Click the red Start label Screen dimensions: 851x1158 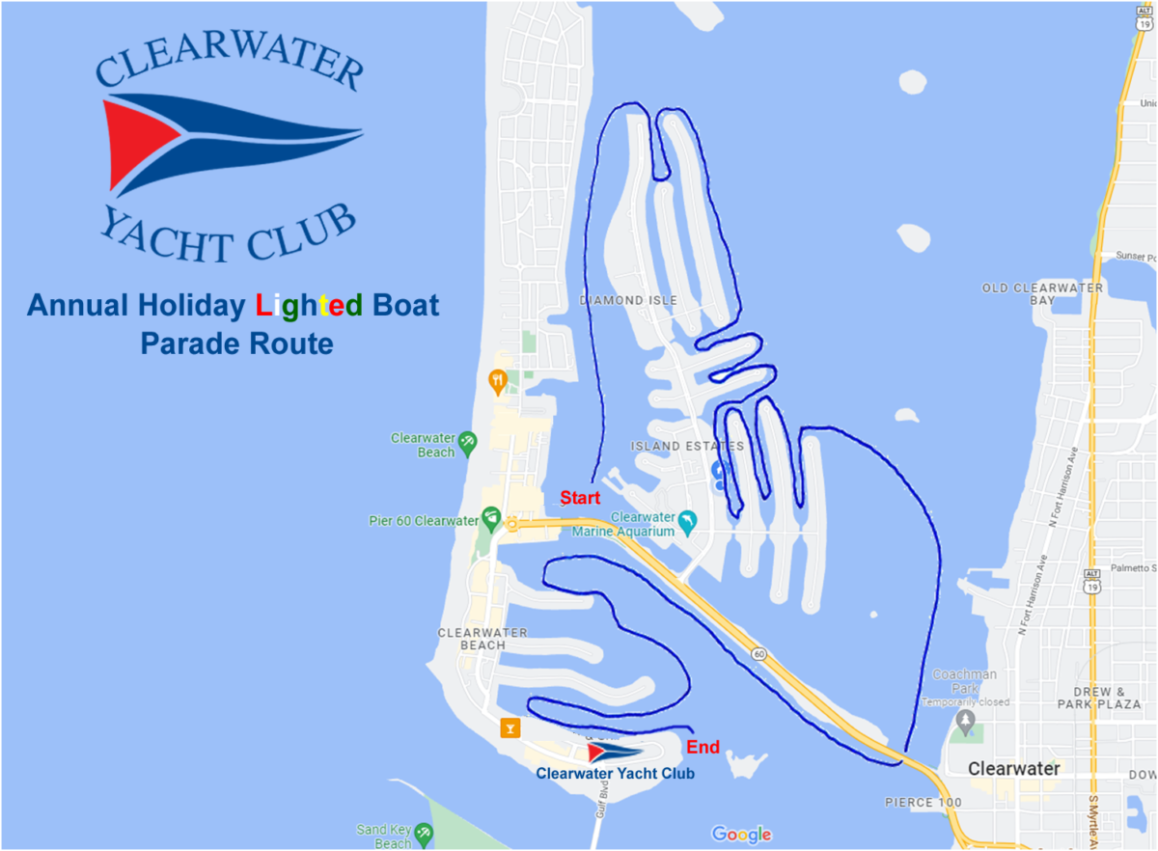(x=581, y=499)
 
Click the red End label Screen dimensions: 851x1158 (x=703, y=747)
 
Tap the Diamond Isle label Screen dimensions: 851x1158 (x=628, y=300)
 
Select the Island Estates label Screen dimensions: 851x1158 (x=687, y=446)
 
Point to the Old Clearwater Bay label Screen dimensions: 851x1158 (x=1042, y=294)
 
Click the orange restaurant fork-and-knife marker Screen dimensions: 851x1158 (x=498, y=381)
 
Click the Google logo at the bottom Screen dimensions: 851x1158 (x=741, y=835)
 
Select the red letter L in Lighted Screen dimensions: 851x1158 (x=262, y=307)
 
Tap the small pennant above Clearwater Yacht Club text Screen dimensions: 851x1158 (x=614, y=752)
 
